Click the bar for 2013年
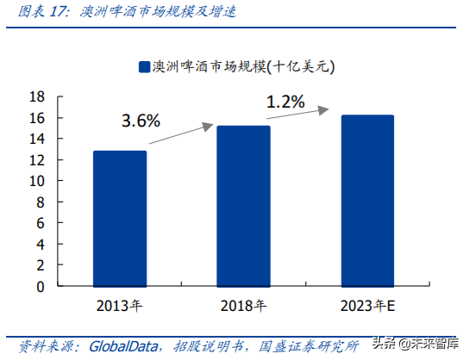120,219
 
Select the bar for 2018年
244,206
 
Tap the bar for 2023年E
367,201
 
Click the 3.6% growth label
141,121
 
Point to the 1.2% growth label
285,102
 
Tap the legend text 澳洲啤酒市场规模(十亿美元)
242,66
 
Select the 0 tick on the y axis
41,286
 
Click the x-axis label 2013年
120,305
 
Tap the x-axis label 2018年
244,305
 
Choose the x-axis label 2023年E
367,305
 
